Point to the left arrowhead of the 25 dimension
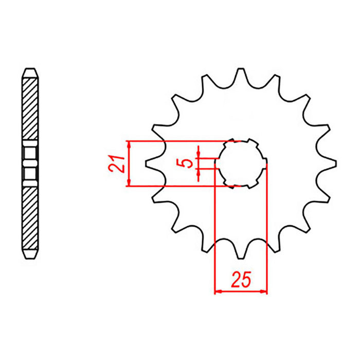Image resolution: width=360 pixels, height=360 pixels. coord(217,292)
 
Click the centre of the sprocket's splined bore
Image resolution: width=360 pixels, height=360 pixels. coord(241,163)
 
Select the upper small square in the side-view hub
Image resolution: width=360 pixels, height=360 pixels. coord(30,153)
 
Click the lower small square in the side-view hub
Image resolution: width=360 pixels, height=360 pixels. coord(30,174)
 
